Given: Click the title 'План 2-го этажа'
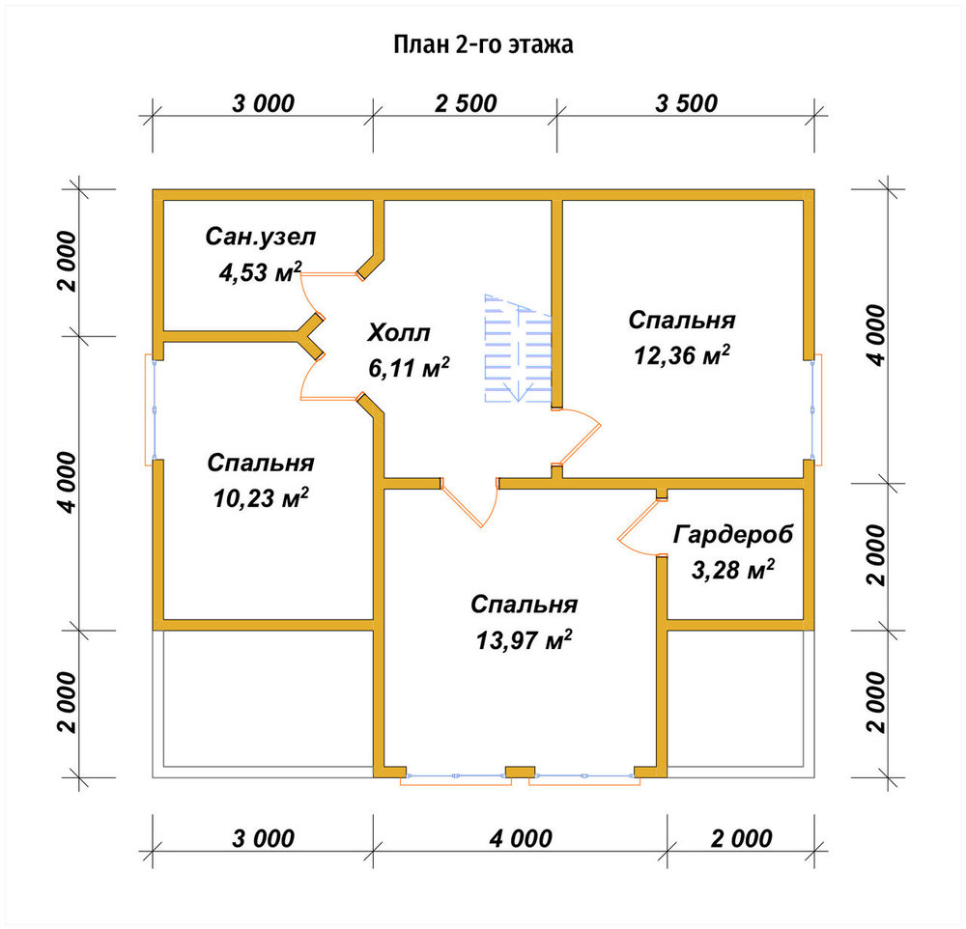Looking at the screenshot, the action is point(484,44).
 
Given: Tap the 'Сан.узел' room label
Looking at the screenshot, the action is point(261,237).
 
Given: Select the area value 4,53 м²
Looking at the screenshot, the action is point(261,271).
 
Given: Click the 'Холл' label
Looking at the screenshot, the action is point(399,332).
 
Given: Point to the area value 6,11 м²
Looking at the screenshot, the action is point(409,368).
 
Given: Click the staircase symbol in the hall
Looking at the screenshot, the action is point(518,348).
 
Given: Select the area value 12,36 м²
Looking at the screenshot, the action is point(682,354).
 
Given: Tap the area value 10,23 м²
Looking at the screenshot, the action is point(261,497).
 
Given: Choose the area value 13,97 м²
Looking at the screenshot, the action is point(524,640).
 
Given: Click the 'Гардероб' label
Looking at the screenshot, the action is point(733,534).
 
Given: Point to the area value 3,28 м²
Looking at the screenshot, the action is point(733,569).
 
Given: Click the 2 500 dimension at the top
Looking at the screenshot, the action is point(466,103).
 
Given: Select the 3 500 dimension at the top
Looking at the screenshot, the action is point(686,103).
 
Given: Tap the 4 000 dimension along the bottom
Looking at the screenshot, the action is point(521,838).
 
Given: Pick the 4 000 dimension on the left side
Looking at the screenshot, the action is point(68,483).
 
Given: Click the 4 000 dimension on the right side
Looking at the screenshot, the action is point(877,335).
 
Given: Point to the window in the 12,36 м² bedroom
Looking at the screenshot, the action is point(815,409).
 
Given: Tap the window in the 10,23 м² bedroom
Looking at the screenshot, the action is point(153,409).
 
